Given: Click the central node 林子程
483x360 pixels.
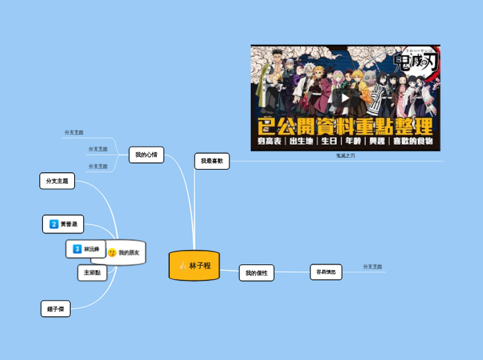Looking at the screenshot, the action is click(200, 266).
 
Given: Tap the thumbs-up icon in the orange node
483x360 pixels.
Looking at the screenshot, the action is click(182, 266).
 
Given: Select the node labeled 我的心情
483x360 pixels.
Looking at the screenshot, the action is click(146, 155).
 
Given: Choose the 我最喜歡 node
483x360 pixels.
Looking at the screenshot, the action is click(212, 161).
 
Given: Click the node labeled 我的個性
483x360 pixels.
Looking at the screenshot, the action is click(256, 273).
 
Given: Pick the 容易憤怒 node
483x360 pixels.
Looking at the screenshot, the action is click(326, 272).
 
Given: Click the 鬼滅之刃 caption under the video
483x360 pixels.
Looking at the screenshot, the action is click(345, 156).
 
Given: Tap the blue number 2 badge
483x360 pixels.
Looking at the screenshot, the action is click(53, 224).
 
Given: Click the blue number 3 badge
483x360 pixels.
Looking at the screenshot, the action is click(77, 249).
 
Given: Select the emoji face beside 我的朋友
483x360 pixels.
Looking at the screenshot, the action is click(112, 253).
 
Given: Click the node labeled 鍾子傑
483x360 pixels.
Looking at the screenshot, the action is click(55, 309).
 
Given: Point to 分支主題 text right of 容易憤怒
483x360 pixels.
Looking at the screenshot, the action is click(373, 267).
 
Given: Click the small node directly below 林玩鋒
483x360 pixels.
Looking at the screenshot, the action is click(92, 273).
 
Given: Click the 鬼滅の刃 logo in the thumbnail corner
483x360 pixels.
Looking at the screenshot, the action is click(416, 62).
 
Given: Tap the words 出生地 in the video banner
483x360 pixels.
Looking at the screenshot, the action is click(300, 141).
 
